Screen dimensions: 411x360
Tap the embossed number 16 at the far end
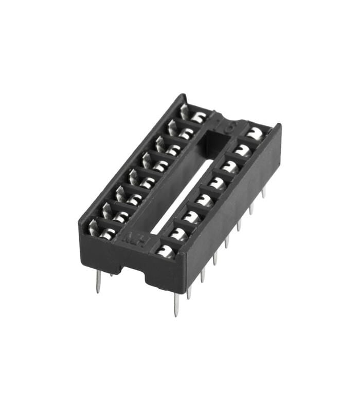(x=226, y=125)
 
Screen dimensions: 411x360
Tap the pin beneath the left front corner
(x=98, y=282)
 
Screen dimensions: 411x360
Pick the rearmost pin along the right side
(x=264, y=193)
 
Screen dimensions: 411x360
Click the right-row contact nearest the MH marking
(x=166, y=251)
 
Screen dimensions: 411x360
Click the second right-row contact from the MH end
(x=178, y=234)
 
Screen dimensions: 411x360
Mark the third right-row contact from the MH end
(x=191, y=216)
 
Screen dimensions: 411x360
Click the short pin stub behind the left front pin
(x=112, y=274)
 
